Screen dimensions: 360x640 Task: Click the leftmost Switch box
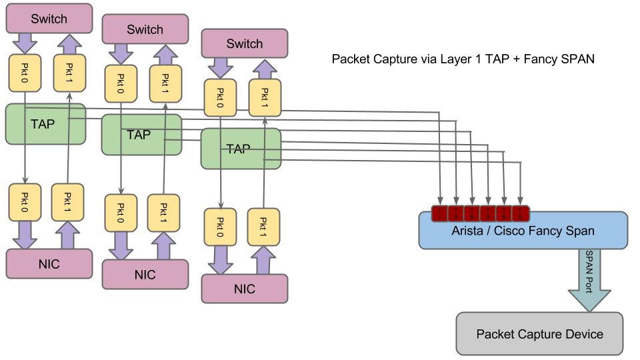(49, 19)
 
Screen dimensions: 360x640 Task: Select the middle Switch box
(145, 29)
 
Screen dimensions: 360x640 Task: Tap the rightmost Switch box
(245, 43)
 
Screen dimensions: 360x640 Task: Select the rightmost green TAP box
(241, 149)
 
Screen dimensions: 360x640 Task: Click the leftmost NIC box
(49, 264)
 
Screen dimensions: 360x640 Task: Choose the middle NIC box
(145, 275)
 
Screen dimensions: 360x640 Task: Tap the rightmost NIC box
(245, 289)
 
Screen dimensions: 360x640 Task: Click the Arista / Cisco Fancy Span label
(523, 231)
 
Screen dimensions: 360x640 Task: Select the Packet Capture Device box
(539, 334)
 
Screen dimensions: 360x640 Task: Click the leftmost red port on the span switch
(440, 213)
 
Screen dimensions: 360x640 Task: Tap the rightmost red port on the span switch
(521, 213)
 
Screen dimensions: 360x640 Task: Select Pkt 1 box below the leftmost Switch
(68, 73)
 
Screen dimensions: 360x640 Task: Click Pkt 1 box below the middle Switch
(164, 83)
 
